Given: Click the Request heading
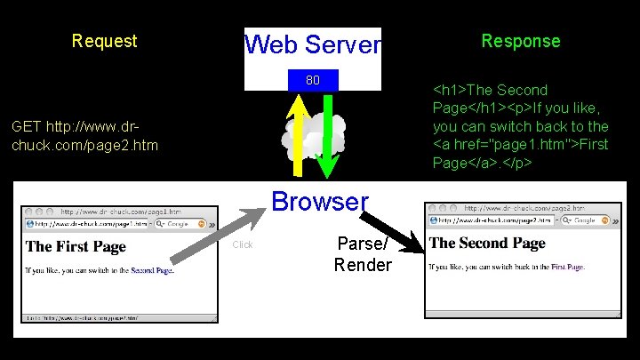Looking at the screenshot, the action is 104,41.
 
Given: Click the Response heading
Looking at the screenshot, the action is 521,41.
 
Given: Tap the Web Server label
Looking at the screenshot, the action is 312,44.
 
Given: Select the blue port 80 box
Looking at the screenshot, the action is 313,81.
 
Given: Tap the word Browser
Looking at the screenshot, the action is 320,201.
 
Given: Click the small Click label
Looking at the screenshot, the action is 243,244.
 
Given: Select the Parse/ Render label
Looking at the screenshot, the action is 363,254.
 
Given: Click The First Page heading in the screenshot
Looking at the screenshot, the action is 76,246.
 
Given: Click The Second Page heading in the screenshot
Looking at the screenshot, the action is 487,243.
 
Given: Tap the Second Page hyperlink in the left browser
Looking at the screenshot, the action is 152,269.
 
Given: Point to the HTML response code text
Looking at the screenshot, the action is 521,126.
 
